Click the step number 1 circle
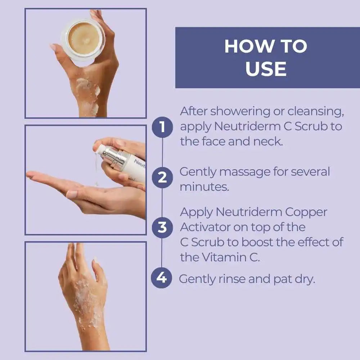[x=162, y=127]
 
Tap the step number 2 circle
[x=162, y=177]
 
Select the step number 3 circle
[x=162, y=227]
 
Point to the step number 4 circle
[x=161, y=278]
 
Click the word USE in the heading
[x=266, y=68]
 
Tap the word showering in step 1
[x=240, y=112]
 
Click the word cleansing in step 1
[x=316, y=112]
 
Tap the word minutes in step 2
[x=204, y=187]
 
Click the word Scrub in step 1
[x=311, y=126]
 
